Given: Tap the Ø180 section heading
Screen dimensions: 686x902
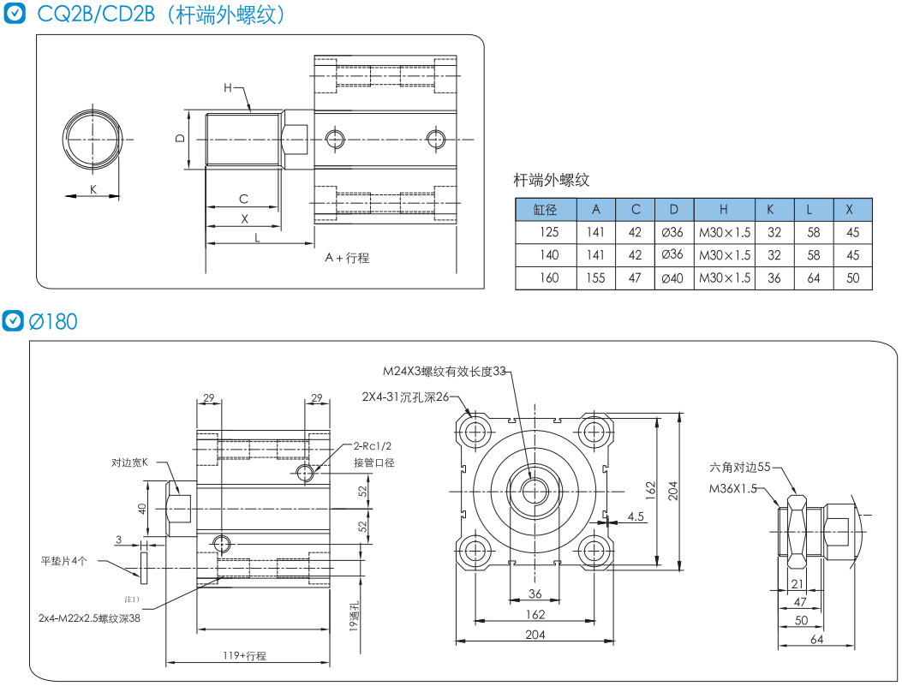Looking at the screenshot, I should point(53,321).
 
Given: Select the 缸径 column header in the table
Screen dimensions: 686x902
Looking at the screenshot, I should point(545,209).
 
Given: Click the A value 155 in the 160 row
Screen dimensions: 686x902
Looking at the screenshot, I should point(596,277).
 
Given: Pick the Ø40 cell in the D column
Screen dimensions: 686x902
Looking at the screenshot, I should point(673,277).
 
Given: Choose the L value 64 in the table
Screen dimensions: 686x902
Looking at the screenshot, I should point(814,277).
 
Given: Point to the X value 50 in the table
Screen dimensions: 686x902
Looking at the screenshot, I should point(852,277).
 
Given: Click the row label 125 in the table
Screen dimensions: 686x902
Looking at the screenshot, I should point(548,232).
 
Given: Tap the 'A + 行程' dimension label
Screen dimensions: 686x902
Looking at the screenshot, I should point(347,257).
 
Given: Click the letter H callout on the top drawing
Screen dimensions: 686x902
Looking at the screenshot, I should point(228,87).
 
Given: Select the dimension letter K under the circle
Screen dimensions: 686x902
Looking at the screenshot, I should point(93,188).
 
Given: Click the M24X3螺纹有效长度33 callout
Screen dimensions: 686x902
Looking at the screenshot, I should point(445,371).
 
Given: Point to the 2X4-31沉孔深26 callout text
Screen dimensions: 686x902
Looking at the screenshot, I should point(405,397).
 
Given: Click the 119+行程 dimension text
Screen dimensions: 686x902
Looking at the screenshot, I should point(245,656).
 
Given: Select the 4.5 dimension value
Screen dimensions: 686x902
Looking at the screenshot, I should point(636,516).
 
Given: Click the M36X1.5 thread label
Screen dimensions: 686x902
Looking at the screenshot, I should point(733,488).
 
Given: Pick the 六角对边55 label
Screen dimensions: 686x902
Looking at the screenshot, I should point(740,467).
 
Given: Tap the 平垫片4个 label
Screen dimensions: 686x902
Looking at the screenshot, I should point(64,561).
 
